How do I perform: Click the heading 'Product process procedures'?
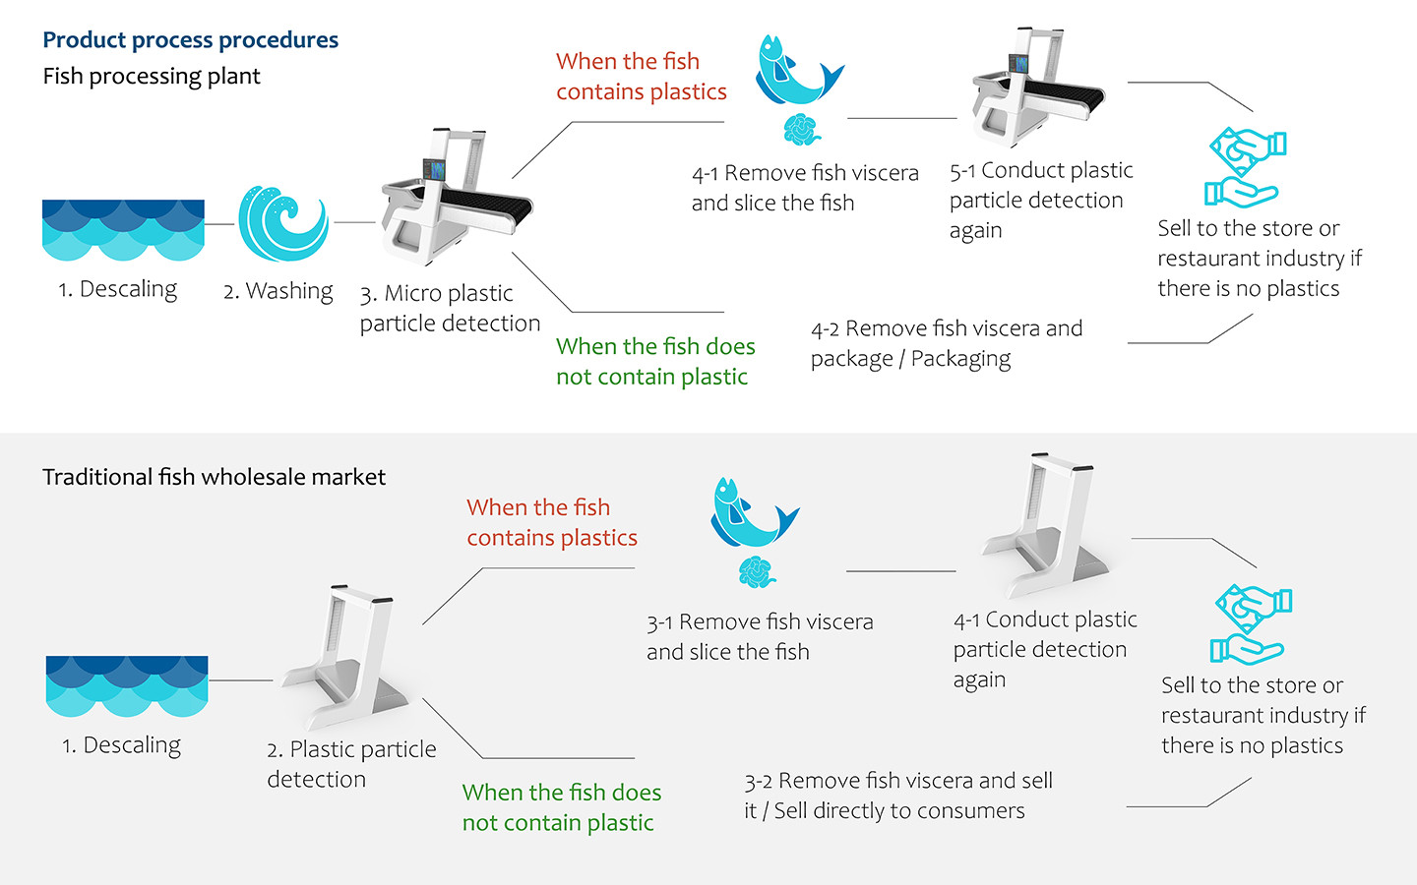pos(190,40)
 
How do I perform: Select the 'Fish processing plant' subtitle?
pos(152,77)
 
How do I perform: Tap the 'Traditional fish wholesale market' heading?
pos(214,477)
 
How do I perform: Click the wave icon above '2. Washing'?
pos(282,223)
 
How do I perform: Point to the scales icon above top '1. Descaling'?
pos(123,230)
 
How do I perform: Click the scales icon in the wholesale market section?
pos(127,685)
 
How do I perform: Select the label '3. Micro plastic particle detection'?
pos(450,308)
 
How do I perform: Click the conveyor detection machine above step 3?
pos(456,197)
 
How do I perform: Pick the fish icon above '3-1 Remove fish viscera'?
pos(751,512)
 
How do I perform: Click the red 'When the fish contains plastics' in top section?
pos(641,77)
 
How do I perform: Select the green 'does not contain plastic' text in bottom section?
pos(561,807)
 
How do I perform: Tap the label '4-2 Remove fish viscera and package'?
pos(946,343)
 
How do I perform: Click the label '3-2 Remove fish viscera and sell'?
pos(897,796)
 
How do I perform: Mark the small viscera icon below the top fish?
pos(801,129)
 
